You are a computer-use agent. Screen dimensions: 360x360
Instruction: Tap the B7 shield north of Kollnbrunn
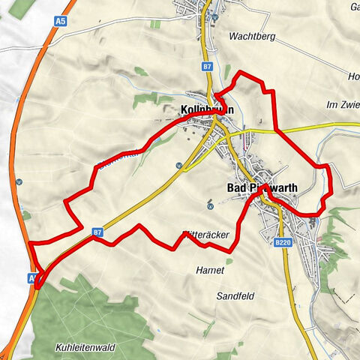coord(207,67)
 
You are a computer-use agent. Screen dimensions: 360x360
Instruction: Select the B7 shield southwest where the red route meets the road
coord(97,232)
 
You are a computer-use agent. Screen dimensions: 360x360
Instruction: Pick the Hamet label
coord(209,270)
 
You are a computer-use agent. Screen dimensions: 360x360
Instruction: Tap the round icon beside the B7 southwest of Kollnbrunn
coord(178,165)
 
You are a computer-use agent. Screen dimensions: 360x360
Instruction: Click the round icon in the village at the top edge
coord(214,16)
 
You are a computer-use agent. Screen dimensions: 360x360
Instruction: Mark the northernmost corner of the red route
coord(240,73)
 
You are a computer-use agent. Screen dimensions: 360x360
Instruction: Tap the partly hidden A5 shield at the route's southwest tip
coord(33,278)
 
